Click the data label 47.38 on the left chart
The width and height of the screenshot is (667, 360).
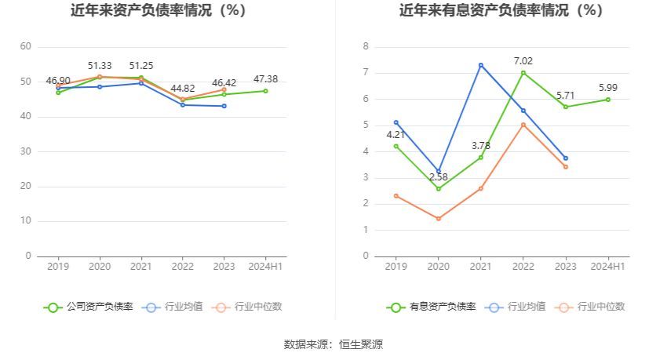click(x=265, y=79)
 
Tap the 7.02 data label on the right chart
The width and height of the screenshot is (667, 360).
click(x=523, y=60)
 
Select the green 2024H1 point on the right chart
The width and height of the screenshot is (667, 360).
click(x=608, y=100)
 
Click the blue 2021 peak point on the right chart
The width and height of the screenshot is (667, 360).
click(x=481, y=65)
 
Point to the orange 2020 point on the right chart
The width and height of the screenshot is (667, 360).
click(x=439, y=219)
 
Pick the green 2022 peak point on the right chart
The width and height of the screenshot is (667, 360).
click(x=523, y=73)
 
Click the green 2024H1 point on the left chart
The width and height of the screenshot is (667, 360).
click(x=265, y=91)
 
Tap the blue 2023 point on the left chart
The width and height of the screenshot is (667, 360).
click(x=224, y=106)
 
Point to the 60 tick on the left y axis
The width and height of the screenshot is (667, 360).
click(x=26, y=47)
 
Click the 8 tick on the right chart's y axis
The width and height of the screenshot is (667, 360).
click(x=366, y=47)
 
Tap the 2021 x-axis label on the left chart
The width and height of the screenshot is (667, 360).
click(x=140, y=267)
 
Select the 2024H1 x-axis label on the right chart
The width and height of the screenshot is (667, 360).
click(x=608, y=267)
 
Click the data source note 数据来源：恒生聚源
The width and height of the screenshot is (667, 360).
click(x=333, y=344)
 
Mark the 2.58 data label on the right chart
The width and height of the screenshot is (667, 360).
click(x=439, y=177)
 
